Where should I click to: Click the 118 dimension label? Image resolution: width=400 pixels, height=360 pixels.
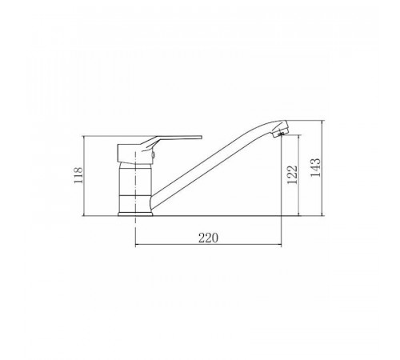pos(78,175)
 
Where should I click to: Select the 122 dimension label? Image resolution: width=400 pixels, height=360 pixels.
pos(292,175)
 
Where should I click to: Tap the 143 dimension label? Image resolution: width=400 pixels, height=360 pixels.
pos(316,167)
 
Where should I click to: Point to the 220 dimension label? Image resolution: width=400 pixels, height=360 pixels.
pos(208,238)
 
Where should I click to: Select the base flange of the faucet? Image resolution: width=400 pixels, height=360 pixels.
pos(135,214)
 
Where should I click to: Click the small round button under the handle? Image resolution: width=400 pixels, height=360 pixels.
pos(153,154)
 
